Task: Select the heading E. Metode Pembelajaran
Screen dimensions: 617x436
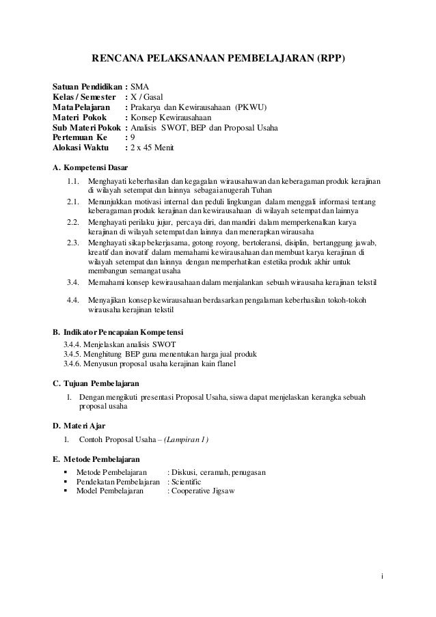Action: pyautogui.click(x=96, y=459)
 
